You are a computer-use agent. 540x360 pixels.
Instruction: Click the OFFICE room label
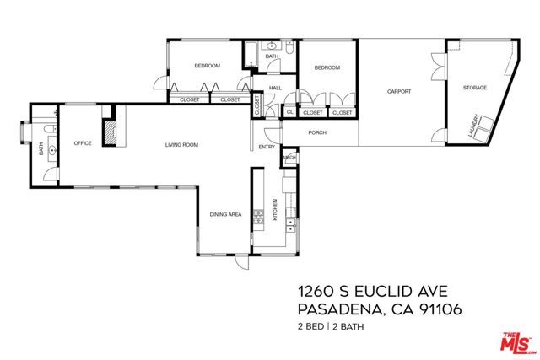point(82,143)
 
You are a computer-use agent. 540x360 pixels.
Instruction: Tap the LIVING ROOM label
point(181,145)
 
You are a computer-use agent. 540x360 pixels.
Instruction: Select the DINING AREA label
point(226,214)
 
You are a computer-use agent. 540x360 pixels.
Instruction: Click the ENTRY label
point(267,148)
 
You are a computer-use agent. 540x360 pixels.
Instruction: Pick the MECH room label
point(289,157)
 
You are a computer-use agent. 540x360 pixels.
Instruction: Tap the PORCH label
point(317,132)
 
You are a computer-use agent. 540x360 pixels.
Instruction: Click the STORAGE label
point(475,88)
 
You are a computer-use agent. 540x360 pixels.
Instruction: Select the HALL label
point(275,88)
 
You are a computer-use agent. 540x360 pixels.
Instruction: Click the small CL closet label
point(289,111)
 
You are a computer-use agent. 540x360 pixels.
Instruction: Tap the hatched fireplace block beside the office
point(109,133)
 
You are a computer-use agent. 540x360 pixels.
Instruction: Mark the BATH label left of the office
point(40,149)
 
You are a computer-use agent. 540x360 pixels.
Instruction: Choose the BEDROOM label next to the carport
point(327,67)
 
